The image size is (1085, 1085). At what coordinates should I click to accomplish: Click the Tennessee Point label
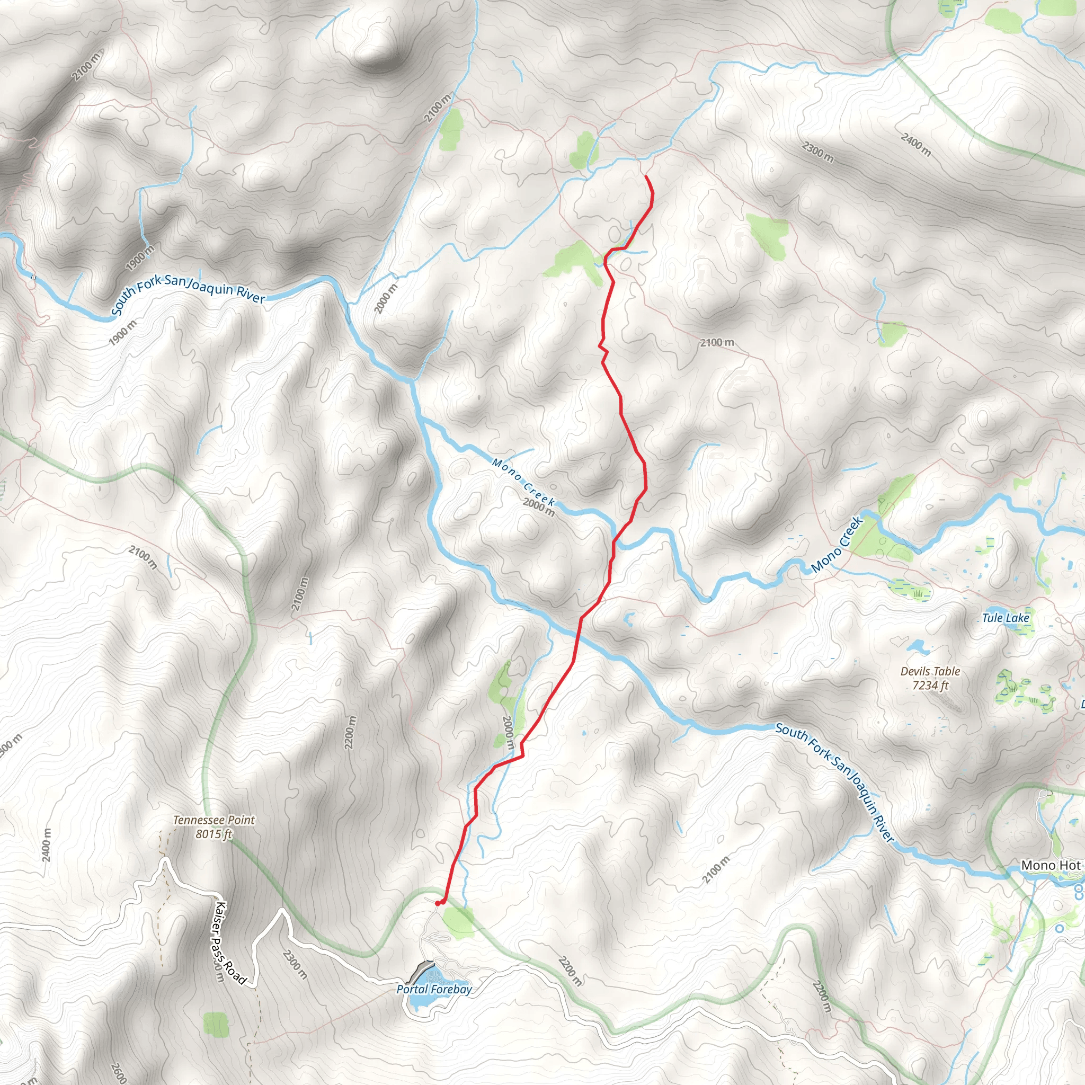click(214, 826)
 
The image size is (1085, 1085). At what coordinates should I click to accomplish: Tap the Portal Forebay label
click(434, 990)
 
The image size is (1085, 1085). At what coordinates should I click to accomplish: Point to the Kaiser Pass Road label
click(230, 943)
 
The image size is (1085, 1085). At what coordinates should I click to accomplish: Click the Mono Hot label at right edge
click(1050, 866)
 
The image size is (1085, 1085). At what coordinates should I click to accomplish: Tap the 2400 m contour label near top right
click(916, 144)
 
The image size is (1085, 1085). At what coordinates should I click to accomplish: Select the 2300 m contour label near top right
click(817, 152)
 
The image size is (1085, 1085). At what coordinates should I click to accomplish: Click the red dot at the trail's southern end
click(438, 903)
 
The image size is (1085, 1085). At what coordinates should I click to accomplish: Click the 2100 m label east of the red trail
click(717, 343)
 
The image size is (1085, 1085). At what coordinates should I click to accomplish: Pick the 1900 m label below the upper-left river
click(122, 333)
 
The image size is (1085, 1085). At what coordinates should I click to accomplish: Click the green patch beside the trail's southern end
click(458, 923)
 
